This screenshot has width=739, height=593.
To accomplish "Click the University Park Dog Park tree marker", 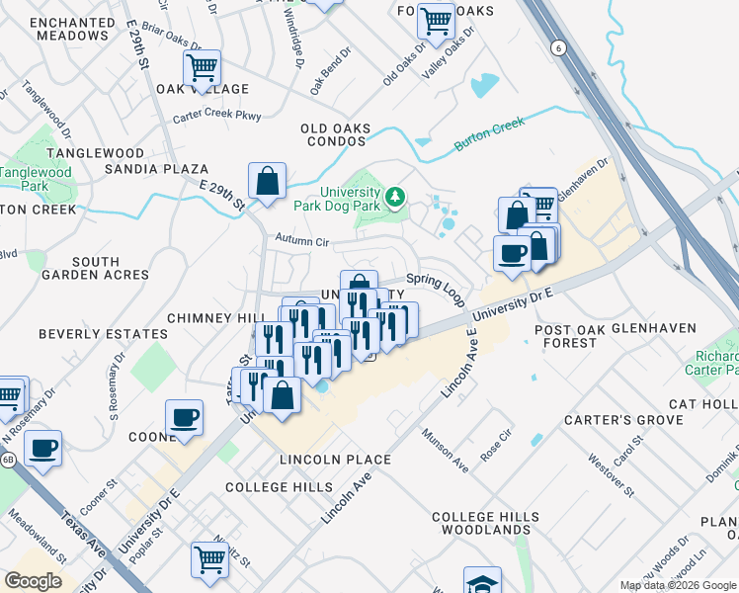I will pos(395,198).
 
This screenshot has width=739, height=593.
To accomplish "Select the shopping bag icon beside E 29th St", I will pos(267,182).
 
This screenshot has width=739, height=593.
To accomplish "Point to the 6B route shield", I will pos(9,461).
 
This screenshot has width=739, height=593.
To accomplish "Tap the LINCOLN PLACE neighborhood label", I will pos(335,460).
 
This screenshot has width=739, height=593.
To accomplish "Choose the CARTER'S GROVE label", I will pos(612,420).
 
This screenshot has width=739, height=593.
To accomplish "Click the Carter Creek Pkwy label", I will pos(216,117).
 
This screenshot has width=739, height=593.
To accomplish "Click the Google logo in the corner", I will pos(33,581).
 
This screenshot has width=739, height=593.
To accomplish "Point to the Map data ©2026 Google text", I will pos(677,585).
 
